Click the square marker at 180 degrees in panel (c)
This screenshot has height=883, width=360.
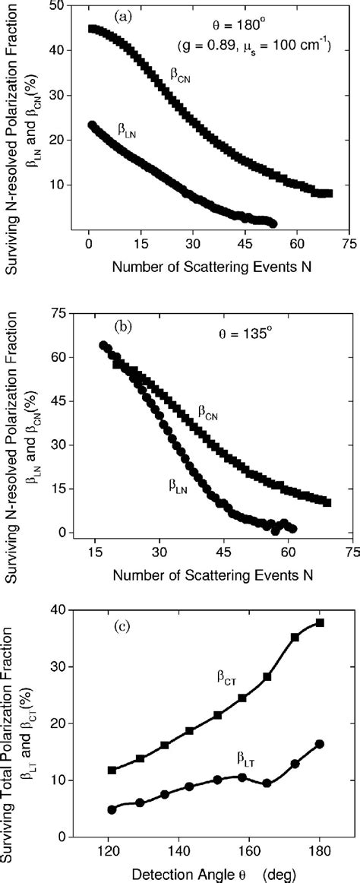[320, 601]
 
